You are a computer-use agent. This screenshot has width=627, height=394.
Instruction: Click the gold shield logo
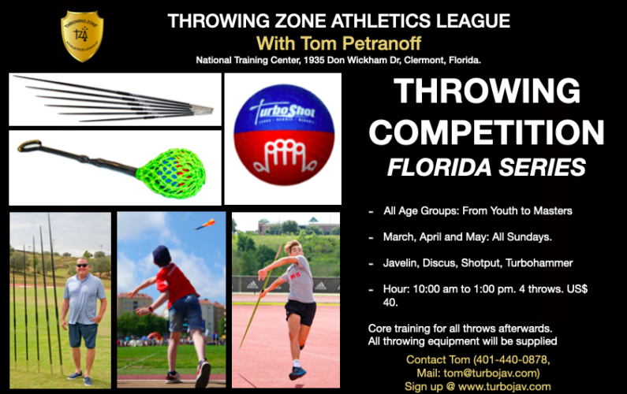click(x=82, y=35)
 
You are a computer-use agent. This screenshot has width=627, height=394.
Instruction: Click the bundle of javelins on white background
click(x=114, y=100)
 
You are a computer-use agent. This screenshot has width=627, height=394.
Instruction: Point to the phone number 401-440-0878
click(x=506, y=360)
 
